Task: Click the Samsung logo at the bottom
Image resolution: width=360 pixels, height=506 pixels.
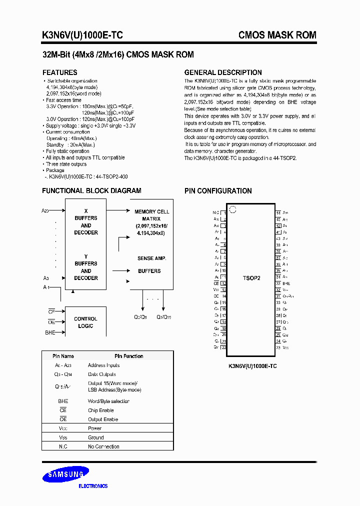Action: (x=65, y=474)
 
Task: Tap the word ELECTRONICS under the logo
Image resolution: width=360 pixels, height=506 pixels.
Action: (x=93, y=486)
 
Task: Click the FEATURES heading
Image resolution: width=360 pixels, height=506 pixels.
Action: (x=59, y=72)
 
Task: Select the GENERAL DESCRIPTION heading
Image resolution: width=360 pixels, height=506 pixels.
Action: (x=223, y=72)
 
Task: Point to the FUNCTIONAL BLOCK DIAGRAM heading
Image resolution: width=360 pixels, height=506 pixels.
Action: (x=91, y=190)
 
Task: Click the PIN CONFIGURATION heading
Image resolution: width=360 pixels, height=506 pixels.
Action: (x=218, y=191)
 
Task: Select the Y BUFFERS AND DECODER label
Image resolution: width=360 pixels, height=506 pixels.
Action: (x=86, y=267)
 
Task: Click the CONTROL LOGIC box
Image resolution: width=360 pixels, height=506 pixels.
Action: (x=85, y=322)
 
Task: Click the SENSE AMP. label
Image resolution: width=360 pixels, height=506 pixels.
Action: (x=151, y=258)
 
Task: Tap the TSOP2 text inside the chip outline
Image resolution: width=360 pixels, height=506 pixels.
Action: (x=251, y=278)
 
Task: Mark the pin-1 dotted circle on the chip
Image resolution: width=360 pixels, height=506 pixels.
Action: (x=232, y=209)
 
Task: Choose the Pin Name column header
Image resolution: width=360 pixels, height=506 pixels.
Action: (x=63, y=356)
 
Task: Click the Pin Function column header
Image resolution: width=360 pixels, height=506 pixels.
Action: (x=128, y=356)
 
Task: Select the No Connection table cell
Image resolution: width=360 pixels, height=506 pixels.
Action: (x=103, y=446)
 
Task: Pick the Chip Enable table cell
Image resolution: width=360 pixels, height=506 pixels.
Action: (x=100, y=410)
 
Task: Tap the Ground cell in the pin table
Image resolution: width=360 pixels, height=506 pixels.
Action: (x=95, y=437)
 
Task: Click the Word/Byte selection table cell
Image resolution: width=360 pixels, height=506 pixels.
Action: (x=108, y=401)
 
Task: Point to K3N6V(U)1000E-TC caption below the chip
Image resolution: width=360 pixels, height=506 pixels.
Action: (x=252, y=366)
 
